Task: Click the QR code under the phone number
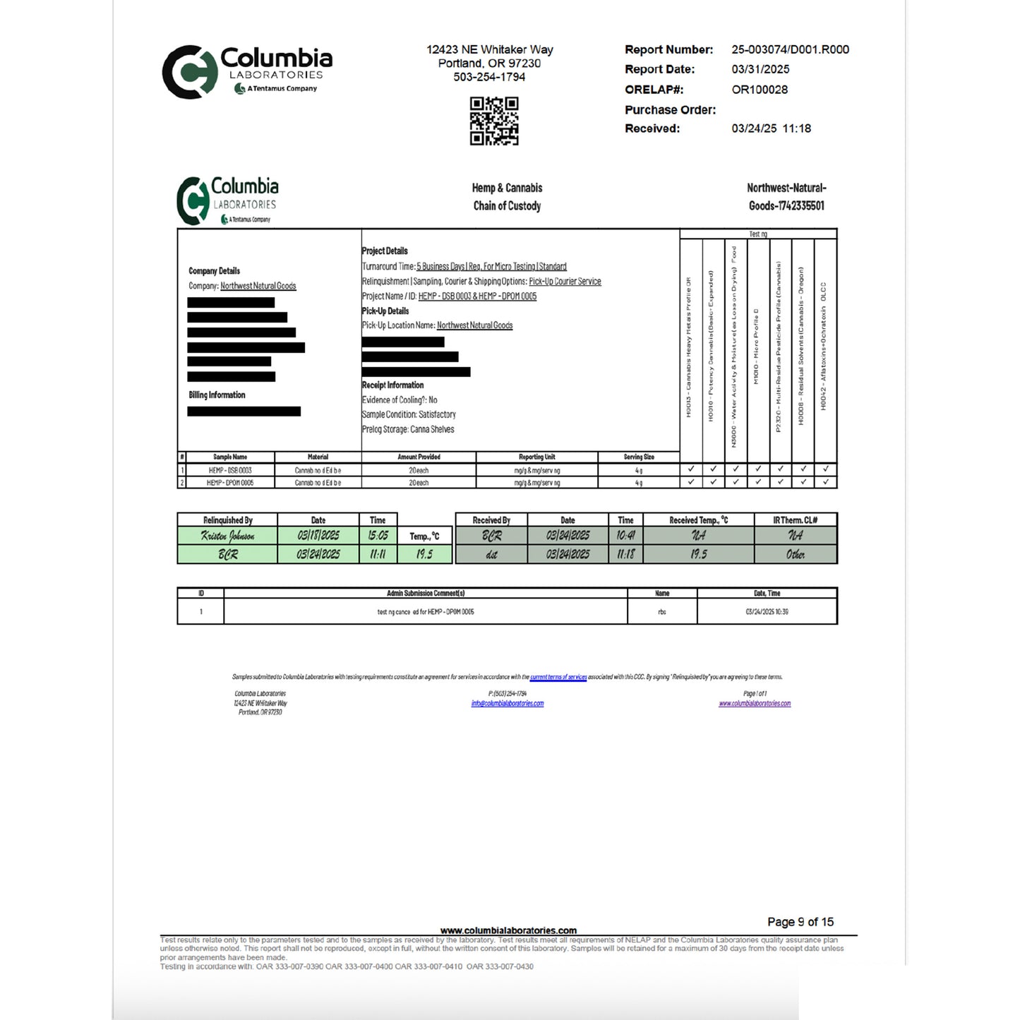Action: tap(494, 121)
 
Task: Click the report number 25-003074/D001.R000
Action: tap(790, 49)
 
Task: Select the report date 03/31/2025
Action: tap(760, 69)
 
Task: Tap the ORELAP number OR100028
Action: tap(760, 90)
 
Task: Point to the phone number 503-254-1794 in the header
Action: tap(489, 77)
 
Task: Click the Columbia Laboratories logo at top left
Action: tap(247, 71)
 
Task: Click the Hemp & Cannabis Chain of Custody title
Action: tap(507, 197)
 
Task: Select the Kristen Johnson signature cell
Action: tap(227, 536)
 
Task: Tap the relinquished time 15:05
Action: tap(378, 536)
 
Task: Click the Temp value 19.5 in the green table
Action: tap(424, 554)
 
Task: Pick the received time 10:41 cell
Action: tap(625, 536)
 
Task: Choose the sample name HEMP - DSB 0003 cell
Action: tap(230, 470)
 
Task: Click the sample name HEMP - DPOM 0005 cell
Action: tap(230, 483)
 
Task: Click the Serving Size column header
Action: tap(638, 457)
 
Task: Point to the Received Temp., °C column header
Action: tap(698, 520)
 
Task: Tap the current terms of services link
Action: tap(558, 677)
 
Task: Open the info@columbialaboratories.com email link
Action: tap(507, 704)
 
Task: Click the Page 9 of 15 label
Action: tap(800, 922)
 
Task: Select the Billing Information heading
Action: tap(217, 395)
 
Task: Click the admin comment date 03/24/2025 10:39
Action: tap(767, 612)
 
